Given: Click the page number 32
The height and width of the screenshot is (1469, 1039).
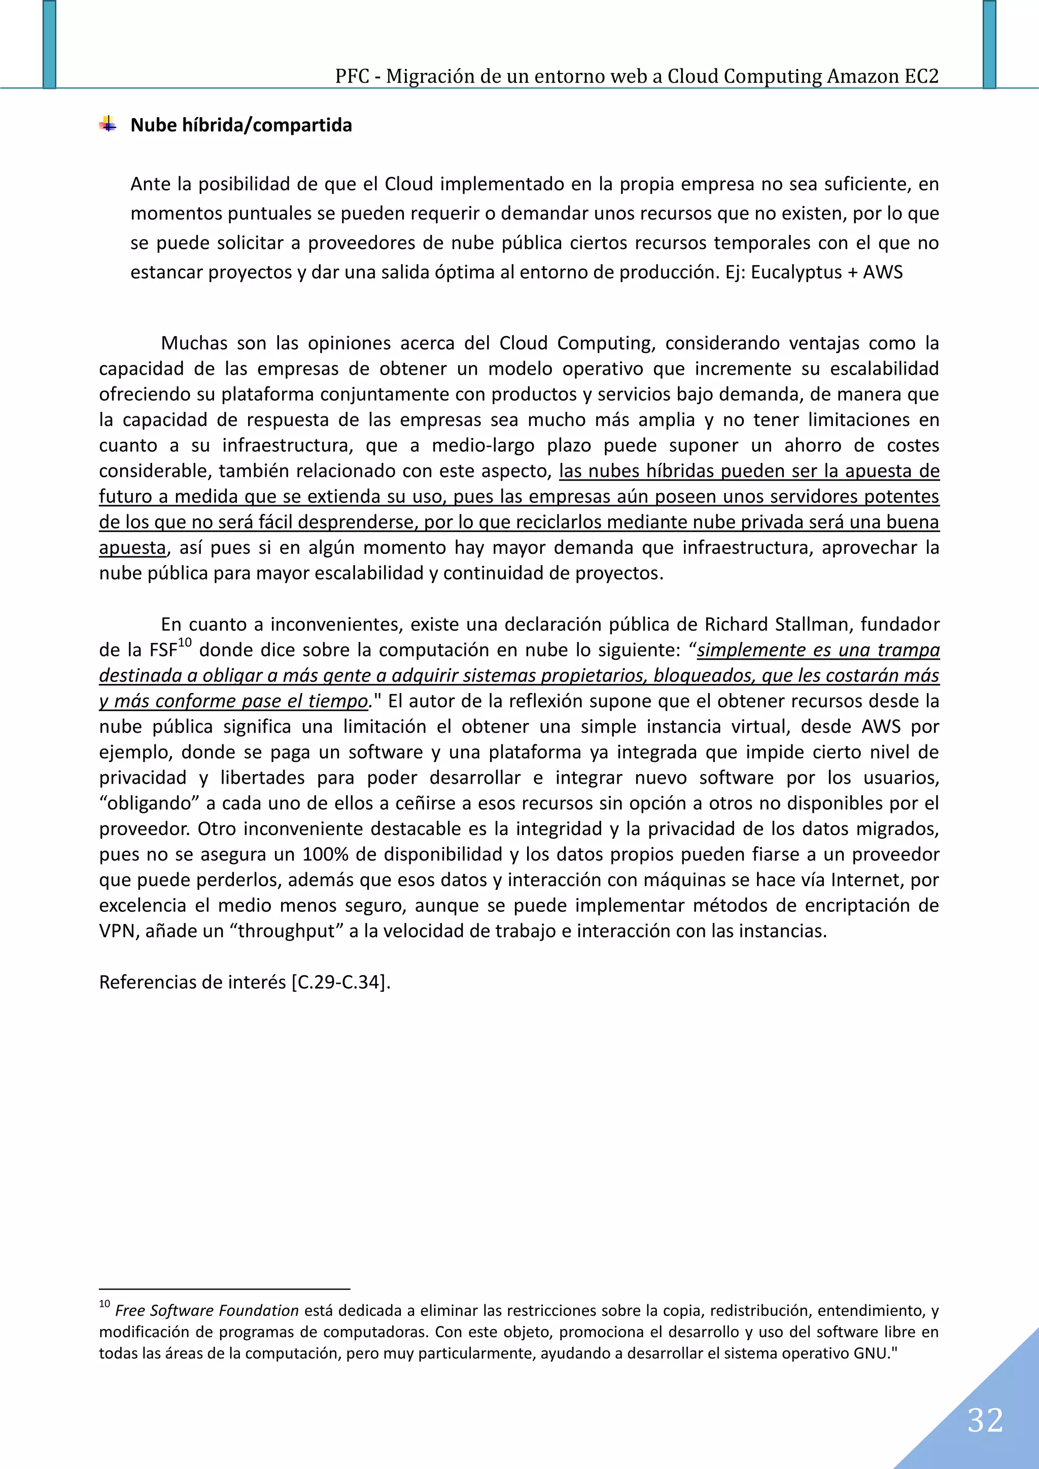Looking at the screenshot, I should point(985,1420).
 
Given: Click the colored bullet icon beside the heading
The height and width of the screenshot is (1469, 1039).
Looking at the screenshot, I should point(108,124).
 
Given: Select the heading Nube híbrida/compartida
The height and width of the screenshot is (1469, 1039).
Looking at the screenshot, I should point(240,125).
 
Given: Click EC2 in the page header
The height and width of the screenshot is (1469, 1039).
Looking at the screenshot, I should point(921,76).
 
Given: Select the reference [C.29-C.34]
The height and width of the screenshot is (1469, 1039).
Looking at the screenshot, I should point(339,982).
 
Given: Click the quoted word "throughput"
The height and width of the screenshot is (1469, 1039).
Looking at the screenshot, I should point(286,931).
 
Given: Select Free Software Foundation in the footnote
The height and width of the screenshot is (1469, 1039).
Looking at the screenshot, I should point(207,1310).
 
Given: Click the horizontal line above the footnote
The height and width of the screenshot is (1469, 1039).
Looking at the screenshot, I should point(224,1288).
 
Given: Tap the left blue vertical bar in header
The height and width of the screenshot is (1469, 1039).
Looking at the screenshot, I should point(49,44).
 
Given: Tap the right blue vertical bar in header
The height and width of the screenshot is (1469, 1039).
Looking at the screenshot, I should point(989,44).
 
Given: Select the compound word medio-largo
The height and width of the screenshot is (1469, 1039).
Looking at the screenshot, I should point(482,446).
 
